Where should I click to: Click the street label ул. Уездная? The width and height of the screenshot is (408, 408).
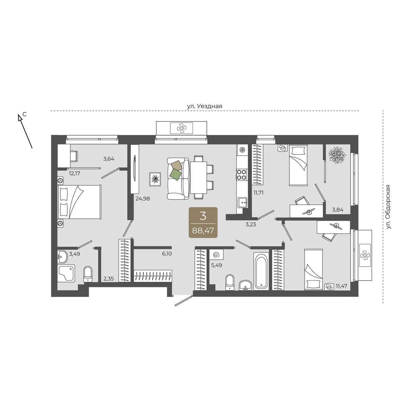click(x=205, y=106)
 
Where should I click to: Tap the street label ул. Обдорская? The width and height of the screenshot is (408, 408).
click(x=388, y=207)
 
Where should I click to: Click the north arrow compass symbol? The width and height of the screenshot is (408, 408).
click(x=25, y=131)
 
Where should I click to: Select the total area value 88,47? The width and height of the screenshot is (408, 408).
click(x=203, y=231)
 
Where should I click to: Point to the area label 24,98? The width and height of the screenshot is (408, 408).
click(x=143, y=198)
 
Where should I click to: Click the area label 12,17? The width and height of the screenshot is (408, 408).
click(x=74, y=173)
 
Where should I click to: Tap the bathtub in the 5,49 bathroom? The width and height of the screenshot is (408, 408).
click(x=261, y=272)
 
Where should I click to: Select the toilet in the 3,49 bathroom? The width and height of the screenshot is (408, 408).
click(x=88, y=274)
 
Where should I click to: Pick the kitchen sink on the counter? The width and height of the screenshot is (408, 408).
click(x=242, y=202)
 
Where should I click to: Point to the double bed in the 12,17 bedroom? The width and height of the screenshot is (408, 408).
click(x=80, y=202)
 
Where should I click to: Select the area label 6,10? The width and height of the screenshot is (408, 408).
click(x=167, y=254)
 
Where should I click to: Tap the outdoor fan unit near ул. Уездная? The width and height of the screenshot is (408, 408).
click(x=182, y=128)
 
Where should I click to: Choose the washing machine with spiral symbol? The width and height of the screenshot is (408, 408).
click(x=216, y=255)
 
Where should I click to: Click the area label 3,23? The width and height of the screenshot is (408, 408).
click(x=251, y=224)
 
